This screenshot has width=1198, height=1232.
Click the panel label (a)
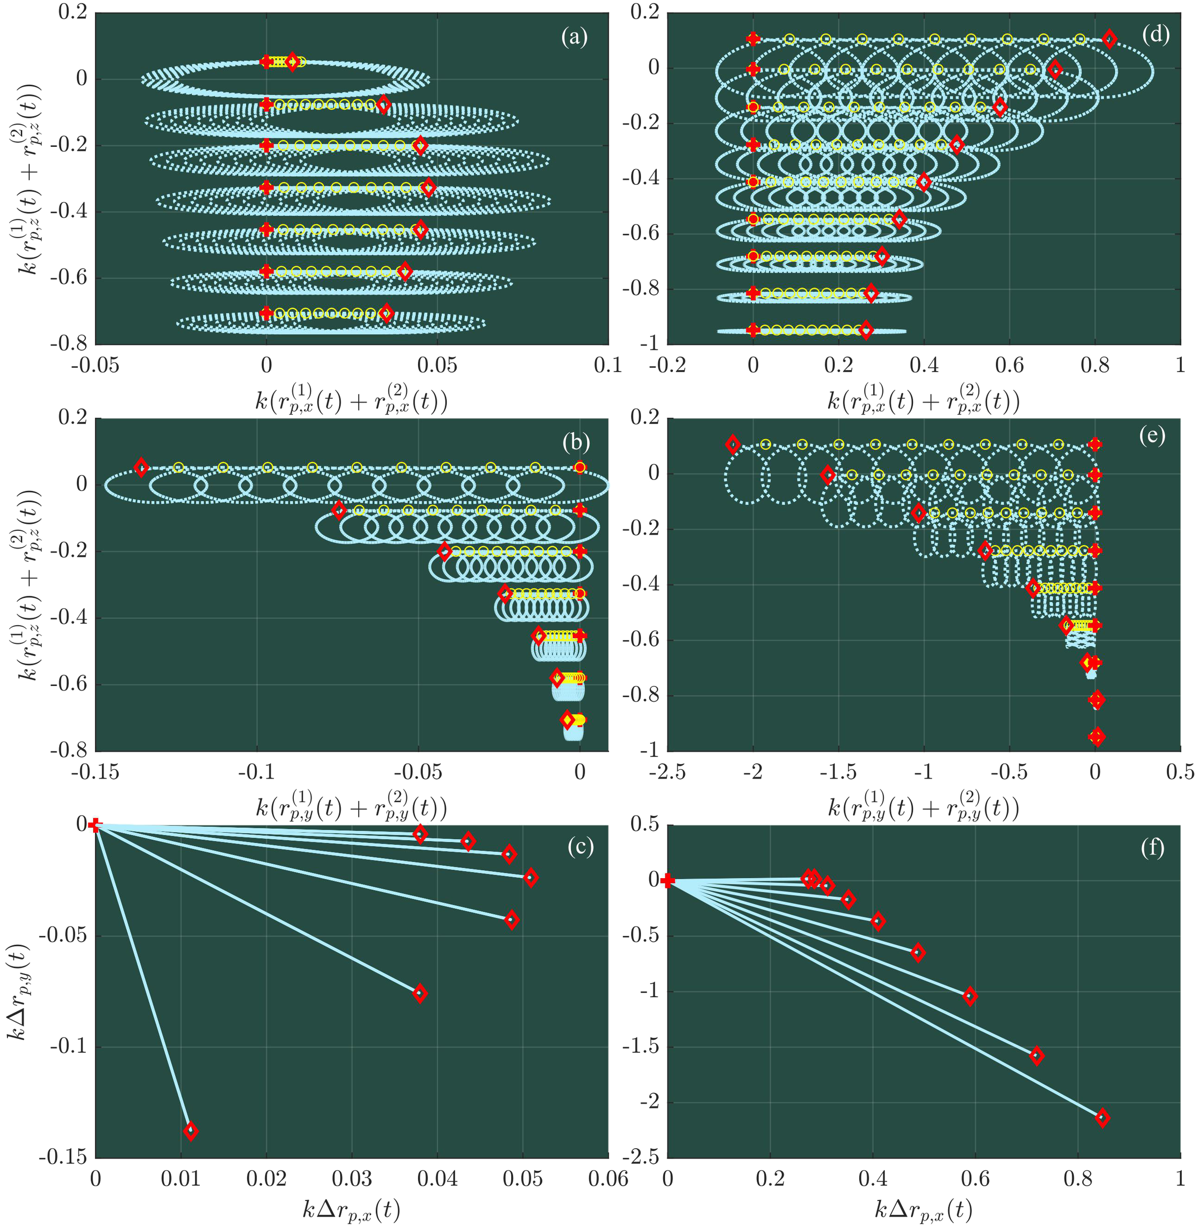click(574, 38)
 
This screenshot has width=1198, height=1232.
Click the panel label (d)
click(1155, 35)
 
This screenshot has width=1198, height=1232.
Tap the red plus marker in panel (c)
click(95, 824)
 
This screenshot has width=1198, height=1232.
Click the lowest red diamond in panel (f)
click(1102, 1118)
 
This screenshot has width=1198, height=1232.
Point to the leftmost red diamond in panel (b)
click(141, 467)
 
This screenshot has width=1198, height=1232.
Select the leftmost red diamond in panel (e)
click(733, 444)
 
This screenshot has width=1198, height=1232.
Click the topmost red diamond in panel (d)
click(1109, 39)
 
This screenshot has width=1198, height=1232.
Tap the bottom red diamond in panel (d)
click(866, 330)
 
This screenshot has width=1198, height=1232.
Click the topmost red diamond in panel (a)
click(292, 62)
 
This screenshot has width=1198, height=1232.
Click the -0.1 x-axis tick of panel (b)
click(257, 772)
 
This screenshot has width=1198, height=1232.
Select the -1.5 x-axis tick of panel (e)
click(838, 772)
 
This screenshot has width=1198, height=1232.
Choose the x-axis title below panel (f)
click(924, 1209)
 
